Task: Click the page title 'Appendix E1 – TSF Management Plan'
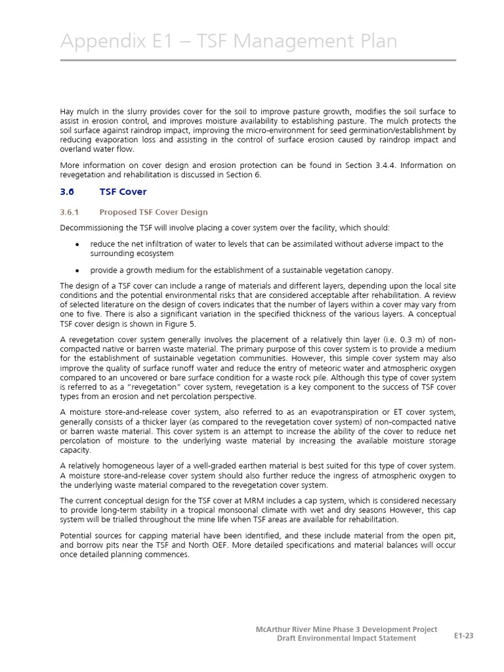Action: tap(228, 41)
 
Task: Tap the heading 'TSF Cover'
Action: tap(123, 192)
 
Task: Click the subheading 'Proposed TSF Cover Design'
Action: tap(154, 212)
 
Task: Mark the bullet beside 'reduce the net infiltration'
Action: tap(77, 244)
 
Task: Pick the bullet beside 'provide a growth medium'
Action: tap(77, 270)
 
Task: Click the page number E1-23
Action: tap(463, 635)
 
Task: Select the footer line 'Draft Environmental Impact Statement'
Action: tap(346, 639)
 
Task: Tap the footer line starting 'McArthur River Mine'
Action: tap(346, 629)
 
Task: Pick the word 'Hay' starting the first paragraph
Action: tap(67, 112)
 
